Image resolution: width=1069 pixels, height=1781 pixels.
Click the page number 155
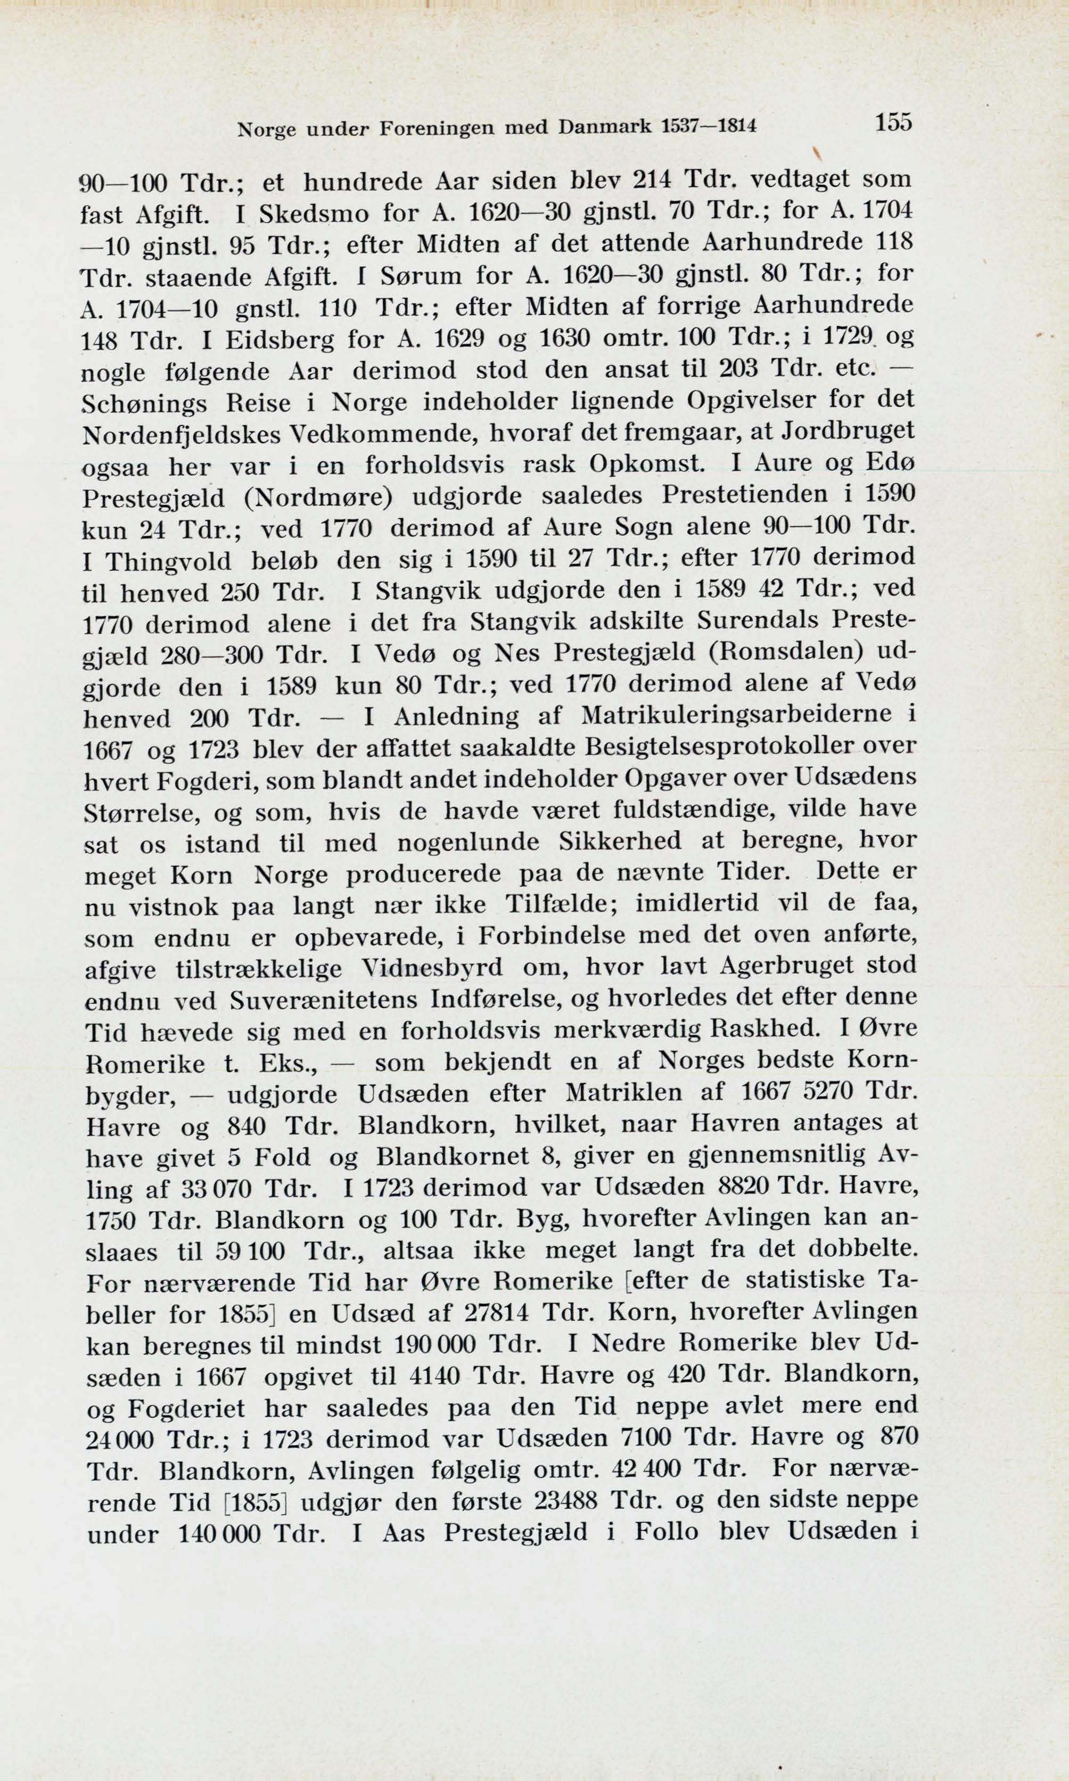coord(893,122)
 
